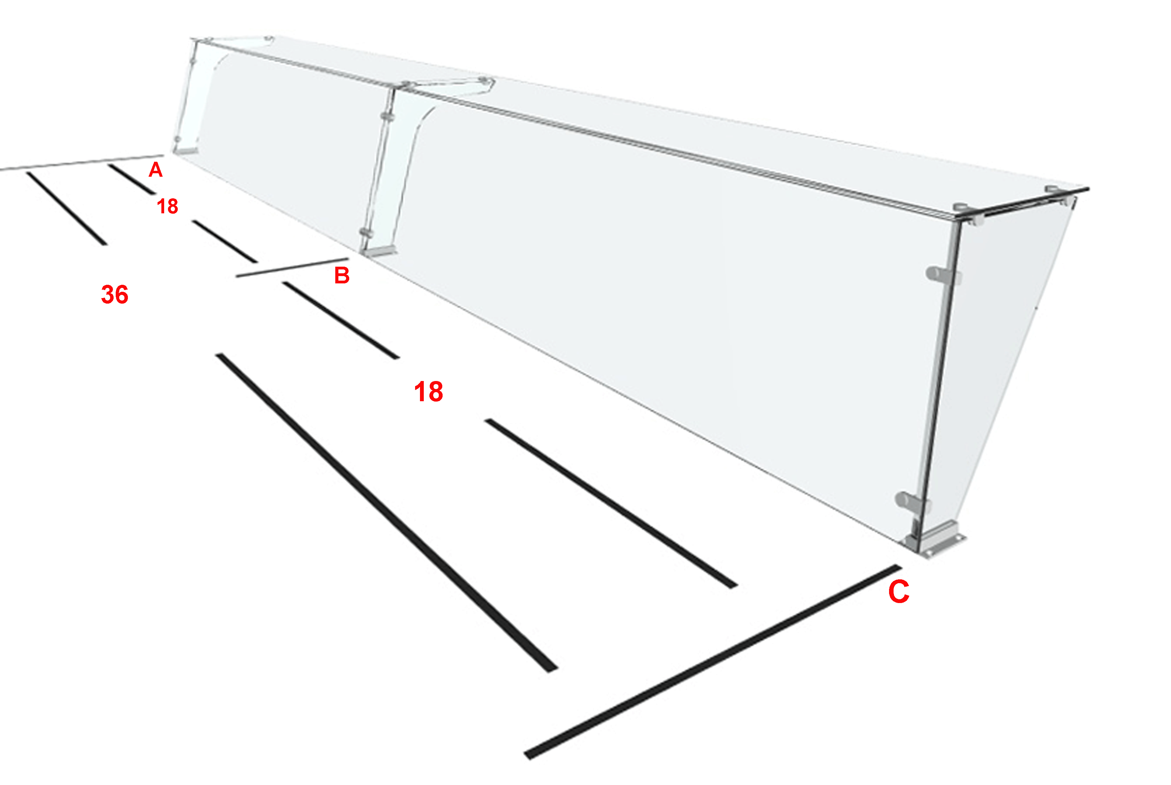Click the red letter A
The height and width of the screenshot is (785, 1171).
click(x=156, y=170)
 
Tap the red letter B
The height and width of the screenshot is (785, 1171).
click(x=342, y=275)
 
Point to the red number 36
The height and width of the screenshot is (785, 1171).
click(x=115, y=294)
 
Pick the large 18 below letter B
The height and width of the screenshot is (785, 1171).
click(x=428, y=391)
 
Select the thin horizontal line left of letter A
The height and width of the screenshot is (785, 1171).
click(x=82, y=163)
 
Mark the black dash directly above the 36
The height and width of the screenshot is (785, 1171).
click(x=67, y=208)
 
